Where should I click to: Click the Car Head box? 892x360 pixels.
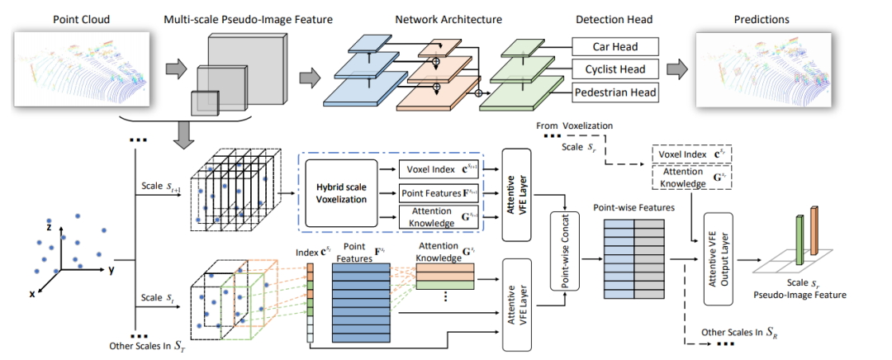(x=615, y=46)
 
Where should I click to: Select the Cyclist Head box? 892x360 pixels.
(x=615, y=69)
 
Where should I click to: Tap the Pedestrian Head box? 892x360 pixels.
(x=615, y=92)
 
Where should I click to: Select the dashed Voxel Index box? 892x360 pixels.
(x=690, y=154)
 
